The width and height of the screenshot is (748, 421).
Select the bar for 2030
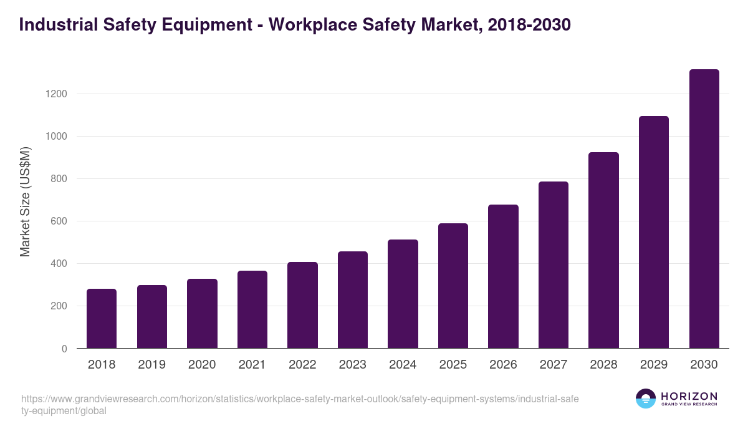tap(704, 209)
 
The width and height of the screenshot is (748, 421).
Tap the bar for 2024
tap(403, 294)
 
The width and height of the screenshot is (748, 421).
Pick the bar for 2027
tap(554, 264)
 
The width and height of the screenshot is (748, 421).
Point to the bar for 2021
tap(252, 309)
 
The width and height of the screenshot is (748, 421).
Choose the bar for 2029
tap(654, 232)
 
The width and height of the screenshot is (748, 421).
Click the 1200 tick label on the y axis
tap(55, 94)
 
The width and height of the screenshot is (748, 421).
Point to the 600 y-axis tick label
tap(58, 221)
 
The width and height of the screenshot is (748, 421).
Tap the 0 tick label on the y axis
tap(64, 349)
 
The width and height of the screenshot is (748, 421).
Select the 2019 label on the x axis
tap(151, 365)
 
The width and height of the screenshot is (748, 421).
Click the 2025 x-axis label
tap(453, 365)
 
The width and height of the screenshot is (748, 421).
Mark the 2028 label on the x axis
tap(603, 365)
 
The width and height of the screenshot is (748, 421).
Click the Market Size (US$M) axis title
tap(25, 201)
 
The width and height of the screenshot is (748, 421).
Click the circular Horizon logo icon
tap(646, 399)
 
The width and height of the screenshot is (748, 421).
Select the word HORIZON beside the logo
tap(689, 396)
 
